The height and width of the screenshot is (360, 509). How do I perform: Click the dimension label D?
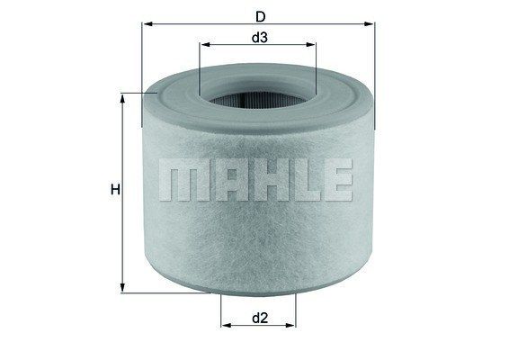(x=260, y=16)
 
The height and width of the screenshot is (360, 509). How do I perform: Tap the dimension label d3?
(x=260, y=38)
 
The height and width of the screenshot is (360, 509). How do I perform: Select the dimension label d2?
(x=260, y=318)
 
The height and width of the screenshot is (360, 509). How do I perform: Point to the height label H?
(x=115, y=189)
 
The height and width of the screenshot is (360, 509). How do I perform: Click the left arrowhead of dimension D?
(x=148, y=23)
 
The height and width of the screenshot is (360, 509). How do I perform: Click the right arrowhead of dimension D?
(x=369, y=23)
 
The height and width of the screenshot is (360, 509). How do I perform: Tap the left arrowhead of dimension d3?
(x=205, y=44)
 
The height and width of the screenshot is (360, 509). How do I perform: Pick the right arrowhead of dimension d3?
(x=310, y=44)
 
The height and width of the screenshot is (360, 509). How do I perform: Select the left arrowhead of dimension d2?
(x=226, y=325)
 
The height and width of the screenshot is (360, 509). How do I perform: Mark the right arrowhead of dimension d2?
(x=290, y=325)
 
